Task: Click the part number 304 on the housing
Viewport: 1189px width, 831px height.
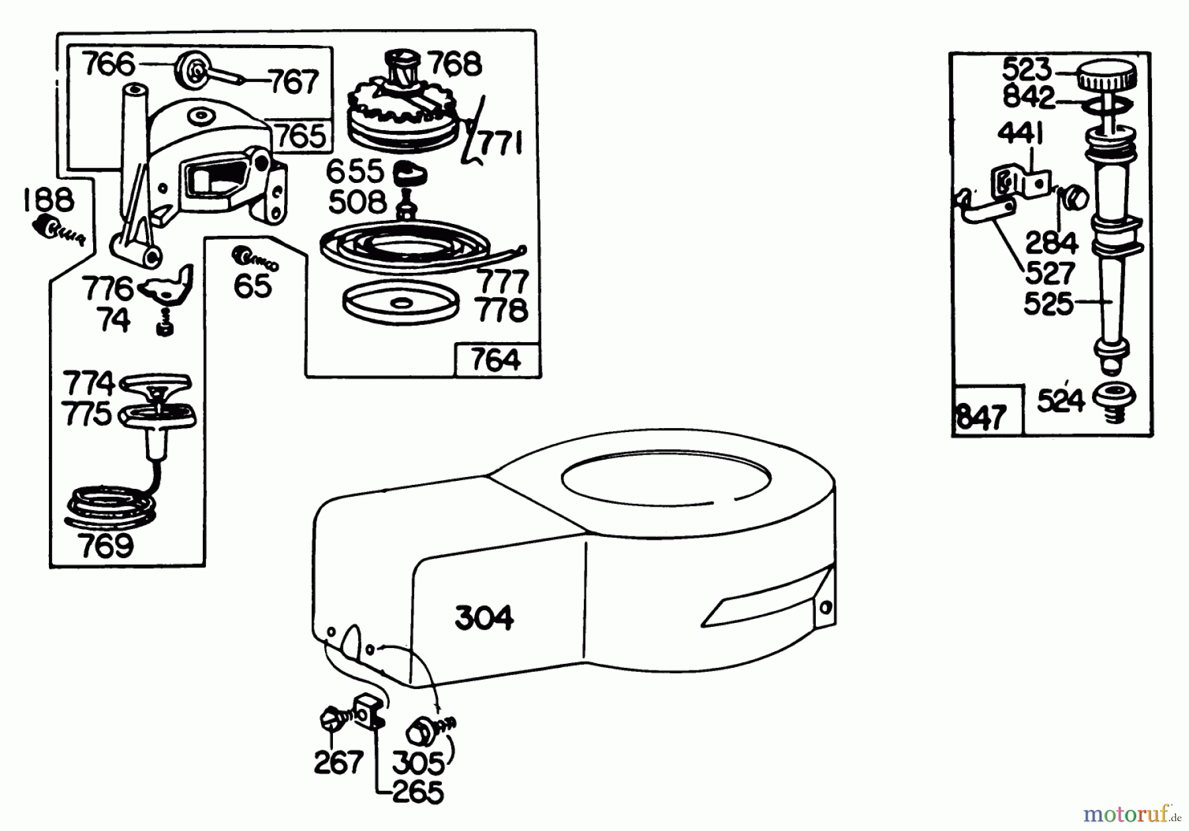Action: point(484,618)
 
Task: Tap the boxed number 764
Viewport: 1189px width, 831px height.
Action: point(496,361)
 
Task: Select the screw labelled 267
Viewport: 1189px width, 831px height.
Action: point(332,719)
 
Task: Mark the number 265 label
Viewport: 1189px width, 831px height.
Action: point(418,793)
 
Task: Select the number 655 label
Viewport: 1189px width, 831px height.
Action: point(355,172)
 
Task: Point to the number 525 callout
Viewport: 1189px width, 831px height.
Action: point(1048,304)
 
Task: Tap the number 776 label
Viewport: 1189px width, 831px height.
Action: point(108,289)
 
